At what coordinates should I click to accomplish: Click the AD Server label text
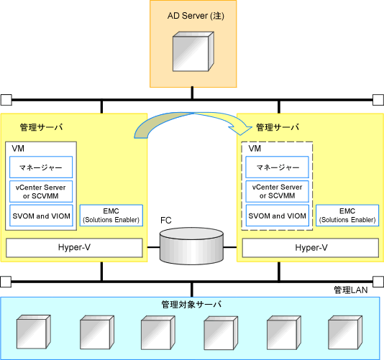point(196,16)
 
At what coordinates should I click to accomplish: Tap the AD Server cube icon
point(193,52)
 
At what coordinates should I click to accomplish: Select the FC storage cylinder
point(191,246)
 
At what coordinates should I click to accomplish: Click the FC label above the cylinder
point(166,221)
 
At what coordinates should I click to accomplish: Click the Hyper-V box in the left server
point(74,248)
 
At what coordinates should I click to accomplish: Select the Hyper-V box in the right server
point(311,248)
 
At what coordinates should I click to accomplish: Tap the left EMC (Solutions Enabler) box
point(111,216)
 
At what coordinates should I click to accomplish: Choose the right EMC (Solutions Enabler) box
point(347,216)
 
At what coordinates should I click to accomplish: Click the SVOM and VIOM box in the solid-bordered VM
point(41,216)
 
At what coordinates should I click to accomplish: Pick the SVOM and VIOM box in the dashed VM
point(278,216)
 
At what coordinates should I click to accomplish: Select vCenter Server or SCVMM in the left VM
point(41,191)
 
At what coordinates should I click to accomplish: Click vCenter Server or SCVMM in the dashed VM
point(278,191)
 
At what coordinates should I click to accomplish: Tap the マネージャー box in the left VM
point(41,167)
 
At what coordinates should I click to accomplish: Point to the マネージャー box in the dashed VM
point(278,167)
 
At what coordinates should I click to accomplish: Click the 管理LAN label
point(351,290)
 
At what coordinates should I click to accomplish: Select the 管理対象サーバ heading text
point(191,305)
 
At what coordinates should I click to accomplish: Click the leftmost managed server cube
point(34,332)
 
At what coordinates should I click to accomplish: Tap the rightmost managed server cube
point(345,333)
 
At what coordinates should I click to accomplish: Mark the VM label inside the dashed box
point(255,149)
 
